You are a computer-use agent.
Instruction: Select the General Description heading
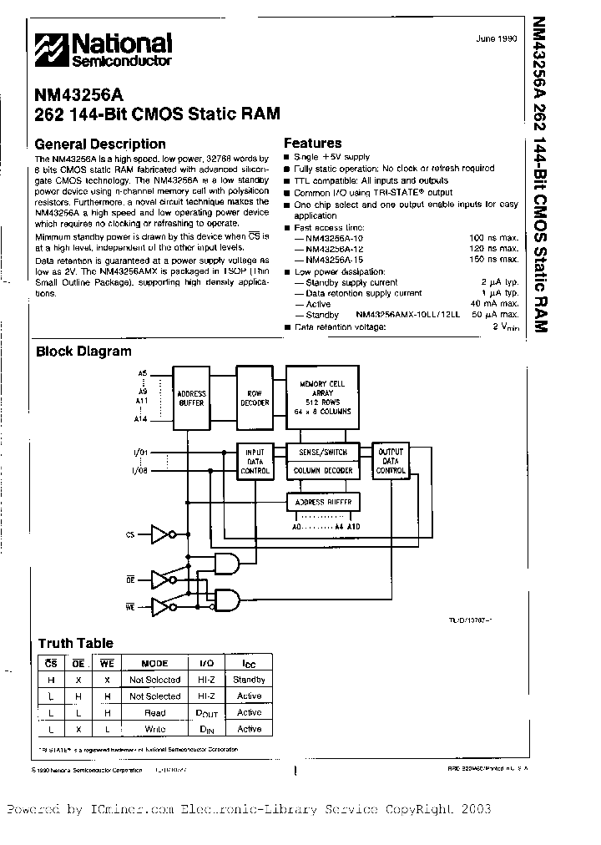(100, 144)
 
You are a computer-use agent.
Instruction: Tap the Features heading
(312, 143)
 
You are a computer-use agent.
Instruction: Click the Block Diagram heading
(83, 352)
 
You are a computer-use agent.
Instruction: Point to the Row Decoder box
(255, 397)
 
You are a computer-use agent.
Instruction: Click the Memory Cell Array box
(322, 397)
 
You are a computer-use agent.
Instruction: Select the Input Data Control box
(255, 461)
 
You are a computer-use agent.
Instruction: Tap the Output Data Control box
(391, 460)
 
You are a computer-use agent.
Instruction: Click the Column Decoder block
(322, 471)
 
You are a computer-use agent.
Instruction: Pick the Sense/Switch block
(322, 452)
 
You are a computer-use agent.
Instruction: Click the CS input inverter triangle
(159, 534)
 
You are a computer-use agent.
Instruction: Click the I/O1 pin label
(139, 452)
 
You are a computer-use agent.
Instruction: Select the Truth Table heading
(75, 643)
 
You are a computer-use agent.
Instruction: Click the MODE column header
(154, 664)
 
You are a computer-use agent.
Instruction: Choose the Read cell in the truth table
(154, 712)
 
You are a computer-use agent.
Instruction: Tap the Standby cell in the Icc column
(249, 680)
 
